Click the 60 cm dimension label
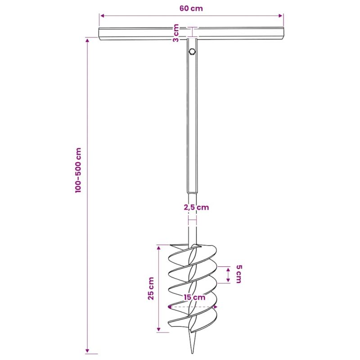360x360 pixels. coord(191,9)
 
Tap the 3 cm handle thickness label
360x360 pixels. coord(175,33)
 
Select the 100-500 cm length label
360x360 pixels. coord(78,170)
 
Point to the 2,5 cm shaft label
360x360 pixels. coord(196,207)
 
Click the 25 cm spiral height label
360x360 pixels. coord(151,288)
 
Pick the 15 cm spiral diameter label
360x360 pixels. coord(194,297)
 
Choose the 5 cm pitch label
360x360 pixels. coord(239,274)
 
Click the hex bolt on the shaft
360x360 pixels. coord(192,51)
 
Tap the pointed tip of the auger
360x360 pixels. coord(192,352)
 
